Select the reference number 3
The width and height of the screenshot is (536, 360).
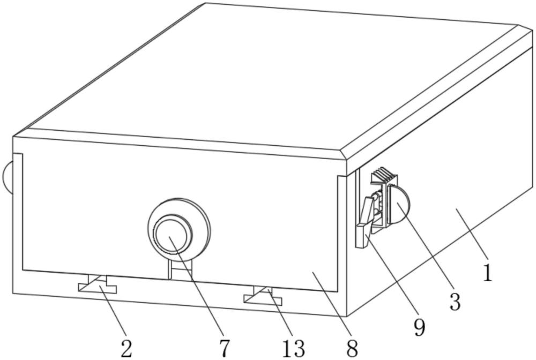click(455, 301)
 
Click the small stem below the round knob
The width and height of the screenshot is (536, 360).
click(181, 270)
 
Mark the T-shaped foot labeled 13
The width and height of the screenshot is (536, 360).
click(263, 295)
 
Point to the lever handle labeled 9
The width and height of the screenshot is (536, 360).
click(364, 221)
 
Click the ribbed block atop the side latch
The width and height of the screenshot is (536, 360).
click(385, 176)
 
